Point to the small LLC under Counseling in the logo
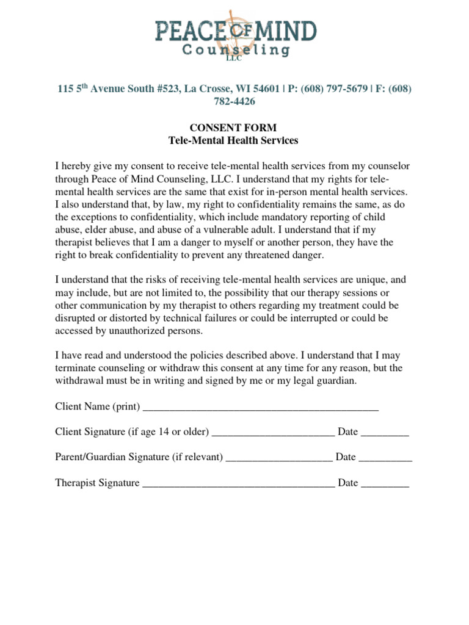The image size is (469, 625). [x=234, y=59]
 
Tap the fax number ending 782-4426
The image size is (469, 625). [x=234, y=102]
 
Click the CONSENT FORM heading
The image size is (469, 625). [x=234, y=128]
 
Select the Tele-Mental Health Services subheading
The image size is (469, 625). [x=234, y=140]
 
